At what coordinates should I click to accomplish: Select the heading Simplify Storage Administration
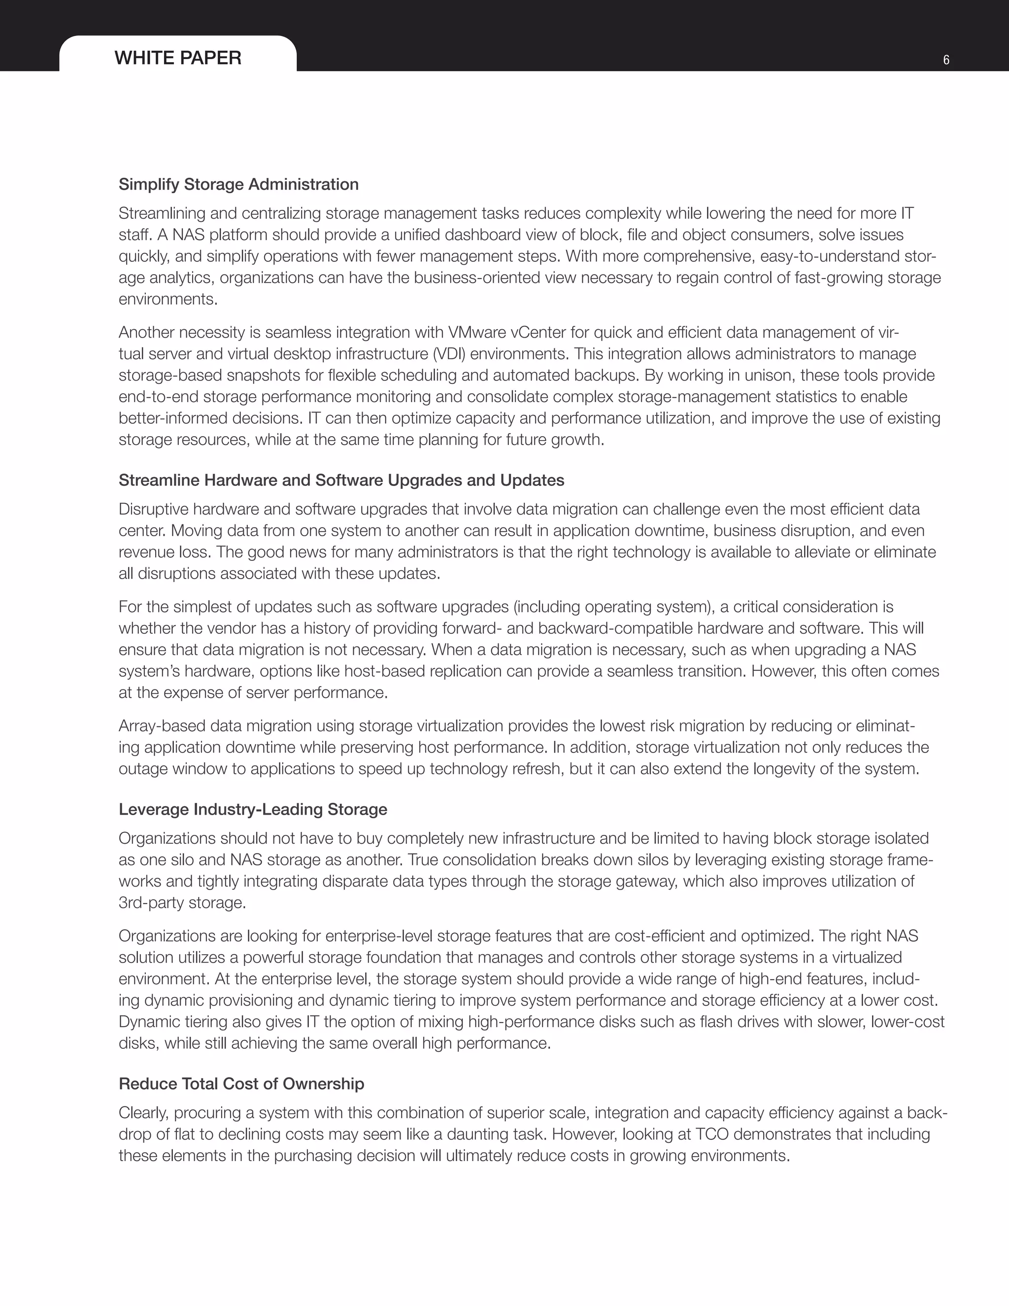[238, 184]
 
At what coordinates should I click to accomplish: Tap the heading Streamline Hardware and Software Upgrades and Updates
[341, 480]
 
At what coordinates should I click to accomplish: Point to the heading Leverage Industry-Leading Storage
[253, 809]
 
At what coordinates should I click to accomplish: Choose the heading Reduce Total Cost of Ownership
[241, 1084]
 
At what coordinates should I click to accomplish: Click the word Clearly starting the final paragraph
[143, 1112]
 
